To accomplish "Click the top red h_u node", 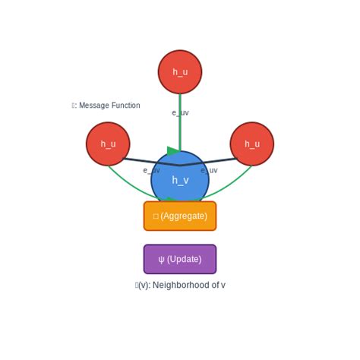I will coord(180,72).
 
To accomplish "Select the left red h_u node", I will coord(108,144).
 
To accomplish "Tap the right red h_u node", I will coord(252,144).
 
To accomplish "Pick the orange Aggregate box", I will coord(180,216).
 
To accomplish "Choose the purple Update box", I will coord(180,259).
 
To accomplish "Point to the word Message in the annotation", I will coord(93,106).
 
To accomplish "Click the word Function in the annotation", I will coord(125,106).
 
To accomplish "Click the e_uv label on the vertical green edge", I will coord(180,113).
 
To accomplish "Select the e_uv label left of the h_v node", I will coord(152,170).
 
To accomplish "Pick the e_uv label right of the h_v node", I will coord(209,170).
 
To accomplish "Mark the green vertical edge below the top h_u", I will coord(180,129).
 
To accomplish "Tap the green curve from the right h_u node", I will coord(236,182).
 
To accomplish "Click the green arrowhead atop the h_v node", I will coord(173,151).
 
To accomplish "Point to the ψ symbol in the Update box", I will coord(161,259).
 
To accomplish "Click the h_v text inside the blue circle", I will coord(180,180).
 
